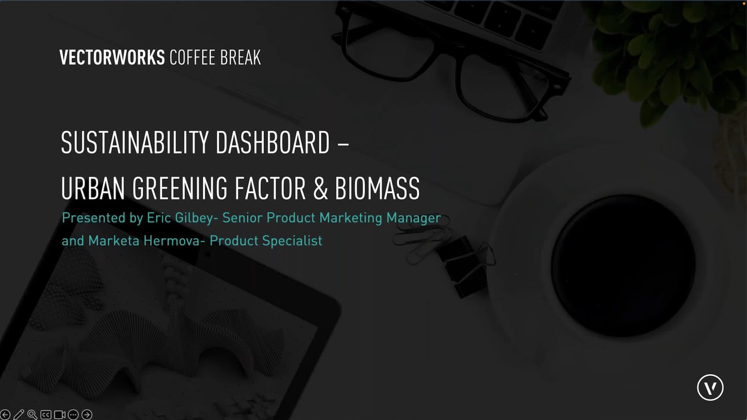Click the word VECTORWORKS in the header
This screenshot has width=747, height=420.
(112, 57)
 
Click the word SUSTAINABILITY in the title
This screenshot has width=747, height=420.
(135, 142)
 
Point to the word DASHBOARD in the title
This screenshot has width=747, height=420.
(273, 142)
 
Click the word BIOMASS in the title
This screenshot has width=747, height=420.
(377, 188)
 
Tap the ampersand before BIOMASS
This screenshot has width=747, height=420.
(321, 188)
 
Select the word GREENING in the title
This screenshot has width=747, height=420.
(180, 188)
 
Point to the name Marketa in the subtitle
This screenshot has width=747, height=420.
(114, 241)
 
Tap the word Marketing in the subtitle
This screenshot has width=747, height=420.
(351, 218)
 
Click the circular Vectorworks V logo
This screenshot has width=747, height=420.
(710, 388)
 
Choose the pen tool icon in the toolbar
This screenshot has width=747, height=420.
(19, 414)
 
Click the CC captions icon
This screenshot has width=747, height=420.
(46, 415)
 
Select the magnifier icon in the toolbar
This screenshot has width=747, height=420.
(32, 414)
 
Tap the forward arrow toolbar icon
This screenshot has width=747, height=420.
(87, 414)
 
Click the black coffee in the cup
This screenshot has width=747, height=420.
(623, 265)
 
